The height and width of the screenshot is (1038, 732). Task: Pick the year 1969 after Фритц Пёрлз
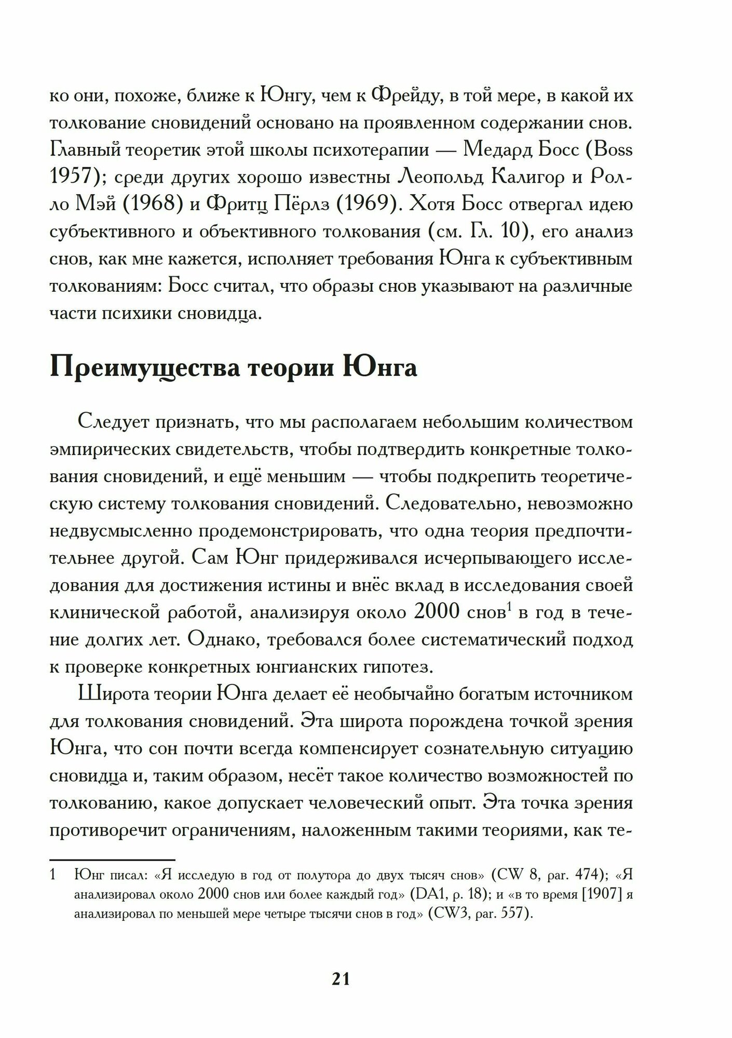tap(367, 204)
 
